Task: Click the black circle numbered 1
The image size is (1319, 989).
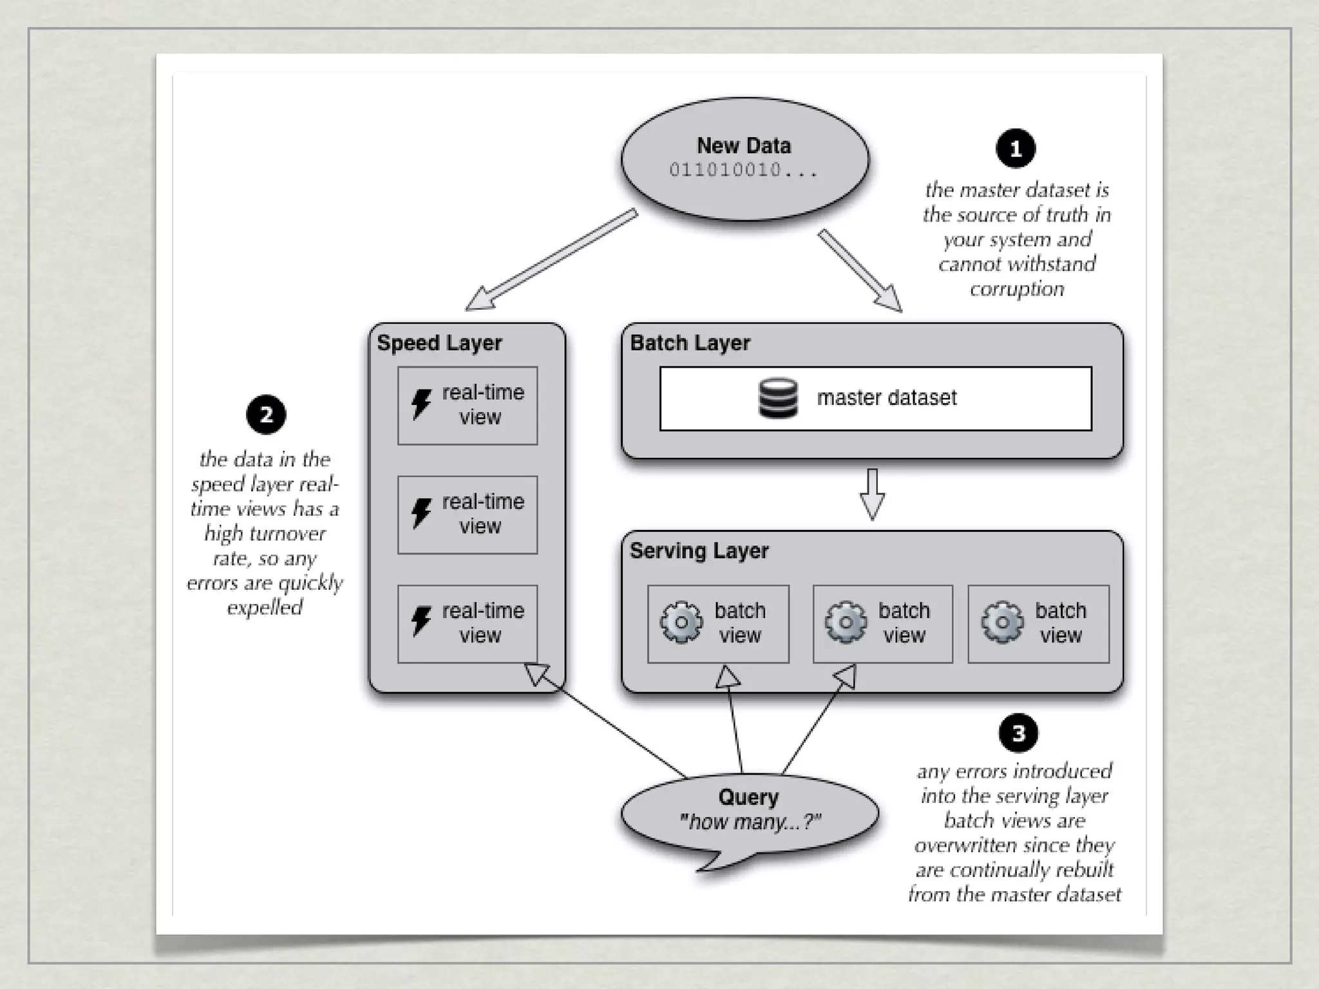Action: (1016, 149)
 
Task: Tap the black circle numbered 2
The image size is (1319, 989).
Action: (266, 415)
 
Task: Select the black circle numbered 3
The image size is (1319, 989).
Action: (1018, 733)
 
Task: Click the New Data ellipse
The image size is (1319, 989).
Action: (745, 158)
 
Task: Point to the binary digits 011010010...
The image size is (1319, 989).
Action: (725, 170)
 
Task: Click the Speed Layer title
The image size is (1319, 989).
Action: (439, 343)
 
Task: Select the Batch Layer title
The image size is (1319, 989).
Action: (690, 343)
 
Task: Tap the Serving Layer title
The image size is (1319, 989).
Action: (699, 551)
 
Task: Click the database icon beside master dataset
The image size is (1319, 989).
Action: (778, 398)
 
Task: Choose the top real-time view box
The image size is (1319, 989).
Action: (468, 405)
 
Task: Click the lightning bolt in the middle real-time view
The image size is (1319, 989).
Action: (421, 513)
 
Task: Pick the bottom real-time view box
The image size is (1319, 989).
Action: (468, 623)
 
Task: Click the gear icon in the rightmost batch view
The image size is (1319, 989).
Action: (1002, 623)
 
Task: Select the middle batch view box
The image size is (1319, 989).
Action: (882, 623)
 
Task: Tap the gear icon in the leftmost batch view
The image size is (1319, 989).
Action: (681, 623)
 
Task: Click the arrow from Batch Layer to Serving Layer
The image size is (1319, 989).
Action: (872, 494)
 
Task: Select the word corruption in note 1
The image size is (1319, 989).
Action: (1017, 289)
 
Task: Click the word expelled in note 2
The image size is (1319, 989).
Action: (265, 607)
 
